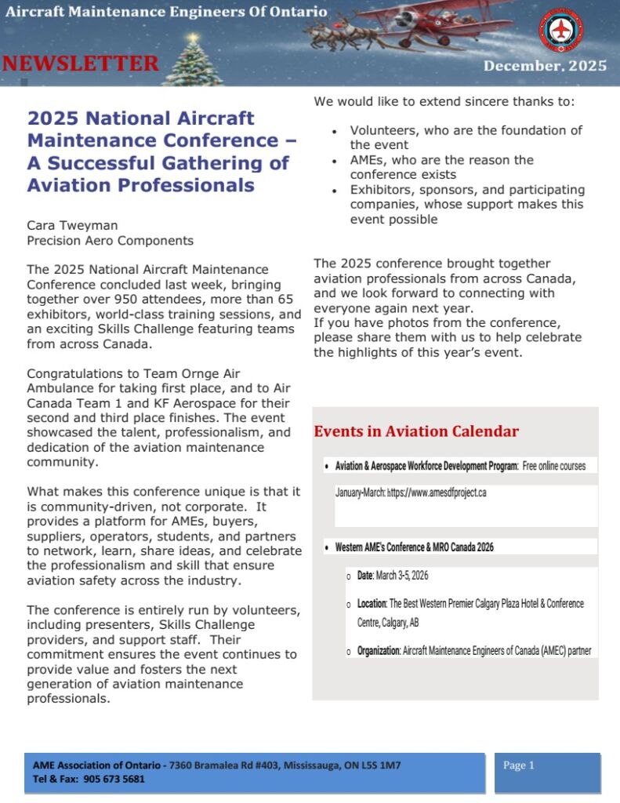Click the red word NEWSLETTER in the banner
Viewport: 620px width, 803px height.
pyautogui.click(x=80, y=64)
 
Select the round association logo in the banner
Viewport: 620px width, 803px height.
pyautogui.click(x=560, y=30)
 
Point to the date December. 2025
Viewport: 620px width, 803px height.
pyautogui.click(x=545, y=66)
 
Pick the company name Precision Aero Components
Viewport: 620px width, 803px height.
pyautogui.click(x=110, y=241)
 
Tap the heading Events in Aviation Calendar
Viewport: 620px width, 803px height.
pyautogui.click(x=416, y=431)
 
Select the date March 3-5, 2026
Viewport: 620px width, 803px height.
pyautogui.click(x=402, y=576)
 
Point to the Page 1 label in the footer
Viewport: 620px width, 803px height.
pyautogui.click(x=519, y=765)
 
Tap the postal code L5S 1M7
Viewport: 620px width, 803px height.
pyautogui.click(x=382, y=765)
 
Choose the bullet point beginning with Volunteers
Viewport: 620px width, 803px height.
pyautogui.click(x=466, y=137)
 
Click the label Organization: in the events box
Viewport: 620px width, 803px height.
pyautogui.click(x=379, y=651)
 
